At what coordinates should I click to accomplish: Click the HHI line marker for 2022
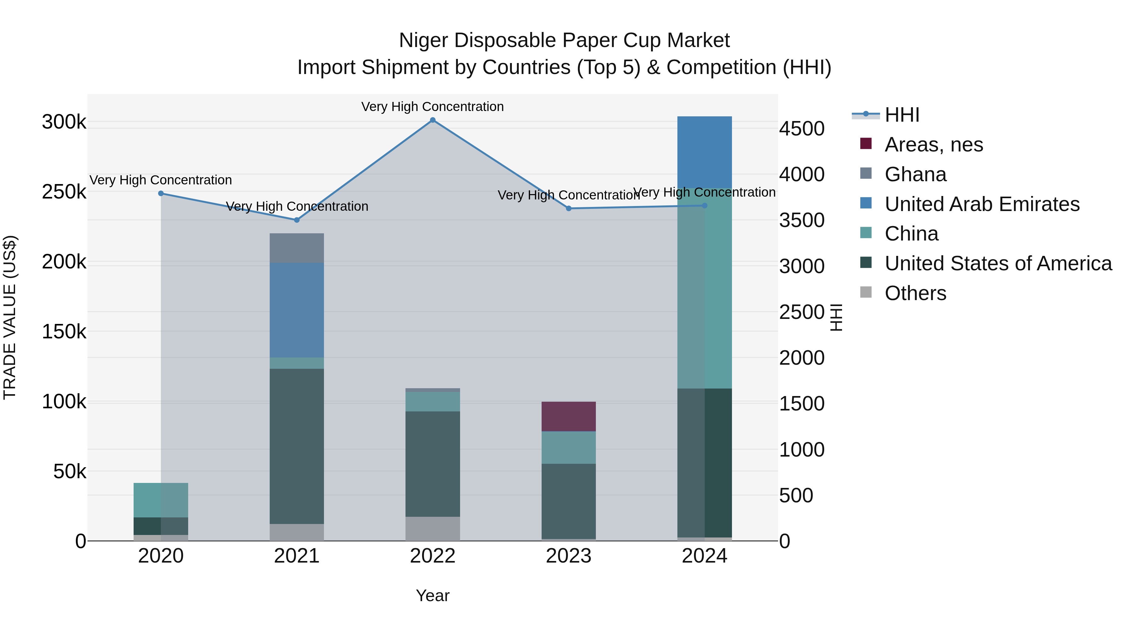pos(432,120)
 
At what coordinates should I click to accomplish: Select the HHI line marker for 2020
pos(161,193)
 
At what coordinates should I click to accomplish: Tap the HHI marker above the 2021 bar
pos(297,220)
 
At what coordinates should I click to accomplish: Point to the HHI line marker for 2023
pos(569,209)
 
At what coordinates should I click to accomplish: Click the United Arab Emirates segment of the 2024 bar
pos(704,152)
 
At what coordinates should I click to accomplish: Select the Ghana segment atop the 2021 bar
pos(297,248)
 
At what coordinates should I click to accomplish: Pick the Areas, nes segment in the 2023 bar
pos(569,416)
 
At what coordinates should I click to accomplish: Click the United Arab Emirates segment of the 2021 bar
pos(297,310)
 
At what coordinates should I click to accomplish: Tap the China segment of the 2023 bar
pos(569,447)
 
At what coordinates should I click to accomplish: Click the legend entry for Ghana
pos(915,174)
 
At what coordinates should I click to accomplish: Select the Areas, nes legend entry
pos(934,145)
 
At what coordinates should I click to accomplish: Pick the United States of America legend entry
pos(998,263)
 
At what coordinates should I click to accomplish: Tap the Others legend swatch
pos(866,292)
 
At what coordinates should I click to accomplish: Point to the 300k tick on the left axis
pos(64,122)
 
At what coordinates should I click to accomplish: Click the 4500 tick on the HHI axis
pos(802,129)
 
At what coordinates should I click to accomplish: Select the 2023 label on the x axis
pos(569,556)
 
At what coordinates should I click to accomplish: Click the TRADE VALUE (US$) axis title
pos(10,317)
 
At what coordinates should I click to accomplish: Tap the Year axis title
pos(432,595)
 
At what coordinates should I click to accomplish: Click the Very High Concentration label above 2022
pos(432,107)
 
